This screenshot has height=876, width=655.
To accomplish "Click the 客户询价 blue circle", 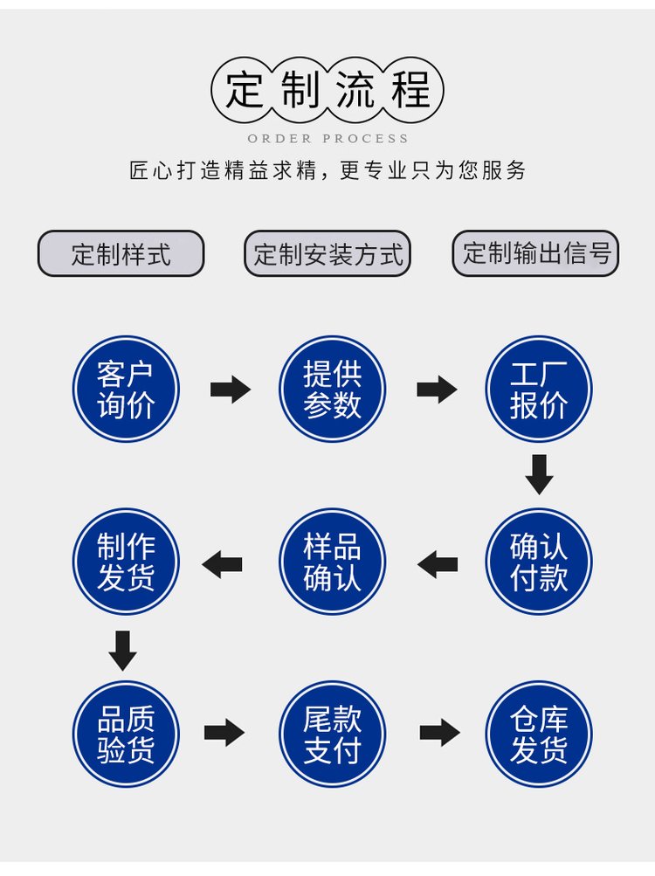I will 126,389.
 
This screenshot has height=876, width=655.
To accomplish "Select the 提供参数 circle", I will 332,389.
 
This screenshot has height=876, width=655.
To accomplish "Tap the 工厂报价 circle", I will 539,389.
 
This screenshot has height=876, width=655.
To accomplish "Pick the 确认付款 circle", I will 539,562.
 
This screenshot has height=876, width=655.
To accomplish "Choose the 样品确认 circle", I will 332,562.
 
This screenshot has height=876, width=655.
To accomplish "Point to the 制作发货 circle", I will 126,562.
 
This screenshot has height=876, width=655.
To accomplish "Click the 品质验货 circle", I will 126,734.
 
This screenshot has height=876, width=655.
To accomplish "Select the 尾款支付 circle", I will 332,734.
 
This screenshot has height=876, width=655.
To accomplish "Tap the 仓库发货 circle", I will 539,734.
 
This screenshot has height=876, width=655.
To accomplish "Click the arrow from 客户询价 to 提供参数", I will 230,389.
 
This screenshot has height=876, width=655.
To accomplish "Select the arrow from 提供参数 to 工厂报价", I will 437,389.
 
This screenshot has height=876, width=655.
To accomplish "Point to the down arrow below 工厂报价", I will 539,474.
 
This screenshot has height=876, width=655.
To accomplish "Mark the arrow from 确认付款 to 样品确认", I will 438,564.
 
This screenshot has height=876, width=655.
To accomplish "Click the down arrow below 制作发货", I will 122,650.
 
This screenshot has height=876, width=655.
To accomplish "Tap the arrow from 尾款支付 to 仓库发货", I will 439,733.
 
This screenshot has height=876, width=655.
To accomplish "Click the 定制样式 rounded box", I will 121,254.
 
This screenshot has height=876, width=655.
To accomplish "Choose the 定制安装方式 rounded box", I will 327,254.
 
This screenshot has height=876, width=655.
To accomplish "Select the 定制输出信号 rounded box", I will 535,253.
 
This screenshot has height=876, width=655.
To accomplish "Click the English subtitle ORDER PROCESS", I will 327,138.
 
